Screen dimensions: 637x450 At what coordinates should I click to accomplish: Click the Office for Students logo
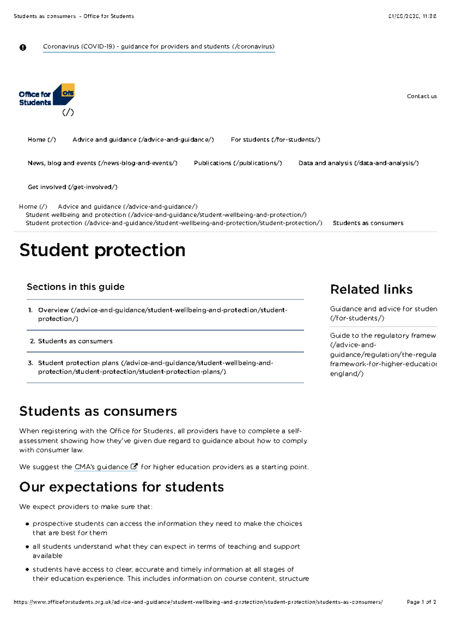coord(46,95)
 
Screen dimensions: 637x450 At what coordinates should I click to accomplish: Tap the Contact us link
coord(421,96)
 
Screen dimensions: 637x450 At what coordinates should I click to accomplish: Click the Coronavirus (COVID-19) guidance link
coord(159,47)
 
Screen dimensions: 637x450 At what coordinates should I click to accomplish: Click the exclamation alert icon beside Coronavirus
coord(23,47)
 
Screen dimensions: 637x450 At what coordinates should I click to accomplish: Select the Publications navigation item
coord(238,163)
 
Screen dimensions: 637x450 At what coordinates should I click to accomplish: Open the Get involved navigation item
coord(72,187)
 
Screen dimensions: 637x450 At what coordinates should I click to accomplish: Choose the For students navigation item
coord(275,140)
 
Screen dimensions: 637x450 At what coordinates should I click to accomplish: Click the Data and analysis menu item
coord(358,163)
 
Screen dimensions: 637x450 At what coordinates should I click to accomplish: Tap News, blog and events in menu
coord(102,163)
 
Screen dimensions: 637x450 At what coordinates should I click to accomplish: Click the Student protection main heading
coord(102,250)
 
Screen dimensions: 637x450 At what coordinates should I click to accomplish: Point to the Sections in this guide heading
coord(75,287)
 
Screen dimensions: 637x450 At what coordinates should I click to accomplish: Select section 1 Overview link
coord(162,314)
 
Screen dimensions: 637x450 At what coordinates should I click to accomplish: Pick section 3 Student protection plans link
coord(155,367)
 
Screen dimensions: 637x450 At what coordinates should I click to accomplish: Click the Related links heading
coord(371,290)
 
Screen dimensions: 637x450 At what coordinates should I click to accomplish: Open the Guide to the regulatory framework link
coord(383,354)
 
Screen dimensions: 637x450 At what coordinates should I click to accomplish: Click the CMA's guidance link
coord(101,467)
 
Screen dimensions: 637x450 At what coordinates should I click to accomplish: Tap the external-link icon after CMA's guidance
coord(134,467)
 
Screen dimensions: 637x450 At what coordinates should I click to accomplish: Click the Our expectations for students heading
coord(121,487)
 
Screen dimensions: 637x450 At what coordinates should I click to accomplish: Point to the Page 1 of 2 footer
coord(421,602)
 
